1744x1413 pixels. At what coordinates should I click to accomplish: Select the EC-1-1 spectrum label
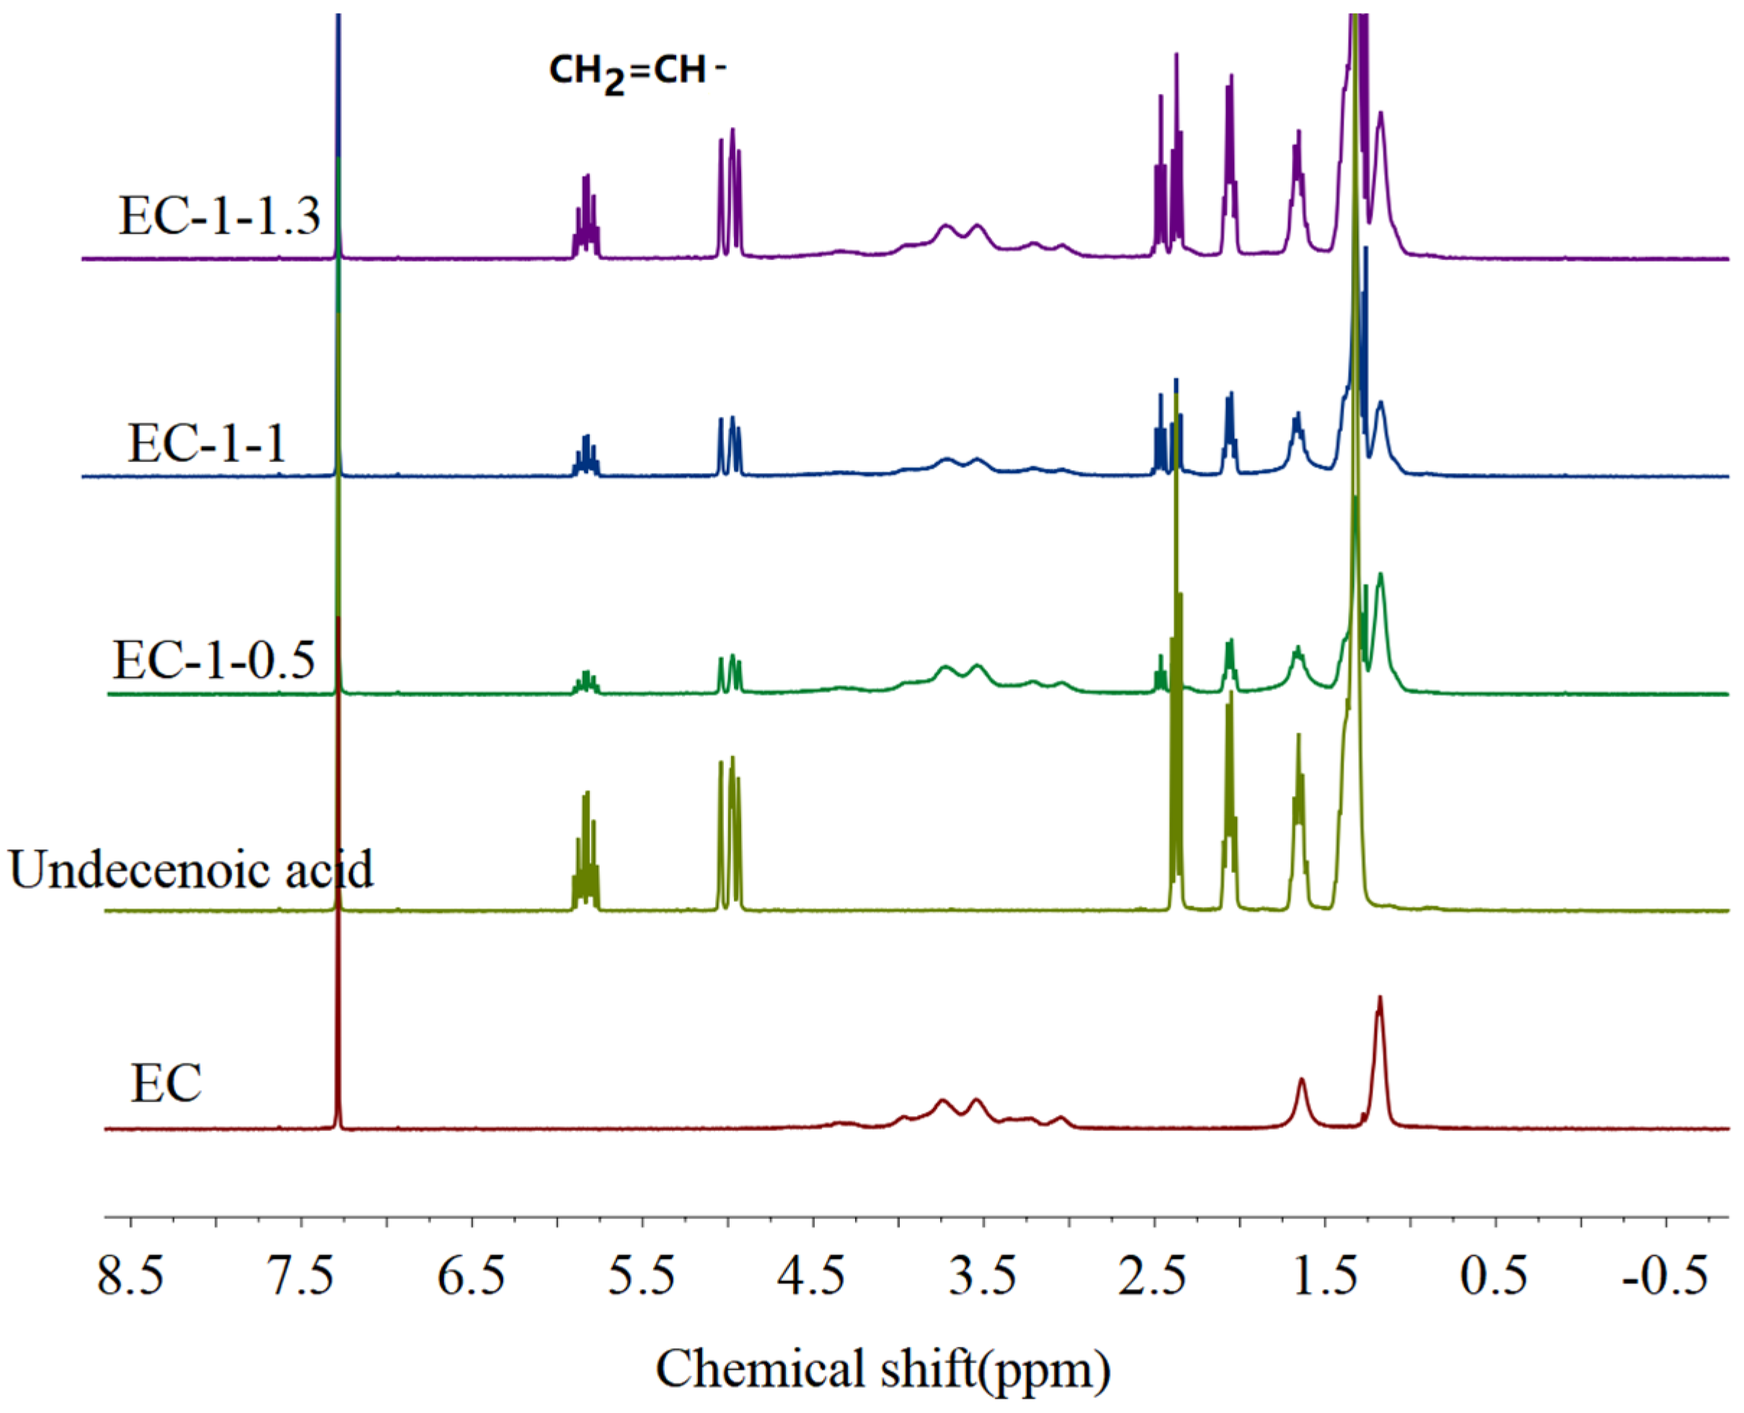[x=207, y=444]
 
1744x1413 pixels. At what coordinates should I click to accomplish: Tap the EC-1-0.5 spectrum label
[x=213, y=660]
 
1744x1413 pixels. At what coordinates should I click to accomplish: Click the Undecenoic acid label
[x=191, y=870]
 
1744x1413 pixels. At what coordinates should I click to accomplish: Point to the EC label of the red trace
[x=166, y=1085]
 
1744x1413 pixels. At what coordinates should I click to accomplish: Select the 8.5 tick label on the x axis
[x=130, y=1276]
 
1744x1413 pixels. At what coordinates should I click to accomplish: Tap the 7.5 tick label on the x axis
[x=302, y=1276]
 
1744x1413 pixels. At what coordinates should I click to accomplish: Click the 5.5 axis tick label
[x=642, y=1276]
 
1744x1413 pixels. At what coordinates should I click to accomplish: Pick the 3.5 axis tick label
[x=984, y=1276]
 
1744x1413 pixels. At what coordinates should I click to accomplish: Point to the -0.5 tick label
[x=1664, y=1276]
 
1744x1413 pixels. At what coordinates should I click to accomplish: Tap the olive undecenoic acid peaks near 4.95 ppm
[x=729, y=830]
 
